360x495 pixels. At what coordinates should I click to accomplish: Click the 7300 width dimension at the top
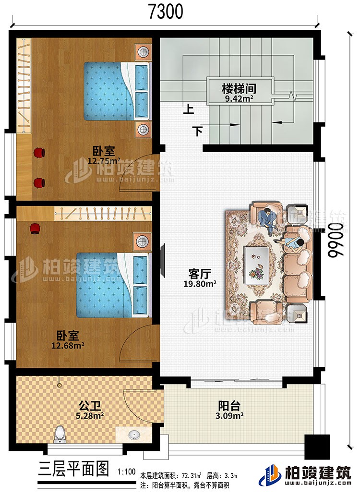(x=165, y=11)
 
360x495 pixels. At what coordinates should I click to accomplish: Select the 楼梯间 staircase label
(x=238, y=89)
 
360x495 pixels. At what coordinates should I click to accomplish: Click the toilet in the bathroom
(x=60, y=434)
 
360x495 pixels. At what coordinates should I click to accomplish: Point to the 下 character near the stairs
(x=197, y=130)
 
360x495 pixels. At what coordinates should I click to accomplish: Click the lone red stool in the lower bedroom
(x=35, y=229)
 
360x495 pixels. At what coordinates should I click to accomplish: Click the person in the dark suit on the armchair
(x=266, y=219)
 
